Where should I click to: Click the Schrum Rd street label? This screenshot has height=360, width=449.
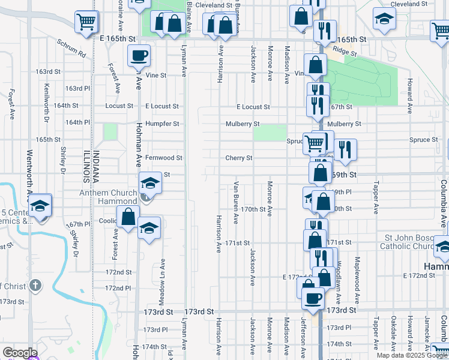pyautogui.click(x=72, y=49)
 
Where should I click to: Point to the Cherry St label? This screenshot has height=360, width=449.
pyautogui.click(x=238, y=158)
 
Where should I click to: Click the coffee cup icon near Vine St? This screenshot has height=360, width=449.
pyautogui.click(x=138, y=56)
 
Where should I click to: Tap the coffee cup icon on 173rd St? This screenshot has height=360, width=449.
pyautogui.click(x=312, y=299)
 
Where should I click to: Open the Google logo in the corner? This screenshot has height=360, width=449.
pyautogui.click(x=19, y=353)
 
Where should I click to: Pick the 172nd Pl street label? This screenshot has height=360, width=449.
pyautogui.click(x=118, y=289)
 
